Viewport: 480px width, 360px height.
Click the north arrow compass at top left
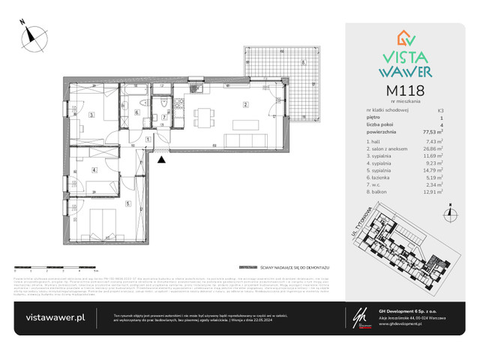point(31,34)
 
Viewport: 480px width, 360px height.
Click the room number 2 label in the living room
point(244,104)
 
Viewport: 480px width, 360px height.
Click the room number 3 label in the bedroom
point(91,115)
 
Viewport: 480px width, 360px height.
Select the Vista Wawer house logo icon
point(405,38)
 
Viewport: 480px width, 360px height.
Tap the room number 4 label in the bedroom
point(94,170)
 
